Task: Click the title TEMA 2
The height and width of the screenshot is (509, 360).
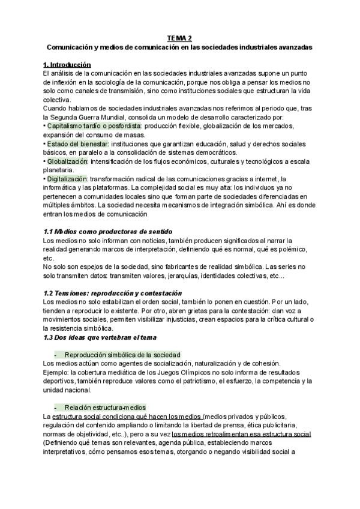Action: [x=179, y=37]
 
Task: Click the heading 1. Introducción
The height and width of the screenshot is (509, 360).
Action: [x=67, y=64]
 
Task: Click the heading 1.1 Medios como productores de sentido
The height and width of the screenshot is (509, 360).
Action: [x=108, y=231]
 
